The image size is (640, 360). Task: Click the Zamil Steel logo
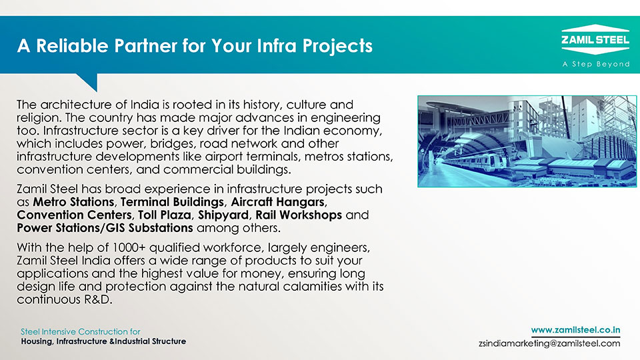[x=595, y=39]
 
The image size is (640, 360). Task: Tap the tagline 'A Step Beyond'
[x=595, y=64]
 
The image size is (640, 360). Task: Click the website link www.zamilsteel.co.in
[x=575, y=330]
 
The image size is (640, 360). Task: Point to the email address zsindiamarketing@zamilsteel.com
[x=549, y=343]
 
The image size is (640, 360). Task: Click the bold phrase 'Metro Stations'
[x=73, y=202]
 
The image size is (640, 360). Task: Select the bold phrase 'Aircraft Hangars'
[x=277, y=202]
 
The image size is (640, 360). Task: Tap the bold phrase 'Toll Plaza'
[x=165, y=215]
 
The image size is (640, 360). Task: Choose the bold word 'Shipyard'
[x=223, y=215]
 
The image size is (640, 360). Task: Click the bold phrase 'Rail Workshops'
[x=299, y=215]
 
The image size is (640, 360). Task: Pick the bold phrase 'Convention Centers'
[x=74, y=215]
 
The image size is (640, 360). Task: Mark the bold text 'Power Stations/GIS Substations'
[x=105, y=228]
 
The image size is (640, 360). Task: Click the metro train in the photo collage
[x=477, y=163]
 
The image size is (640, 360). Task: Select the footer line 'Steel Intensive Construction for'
[x=81, y=331]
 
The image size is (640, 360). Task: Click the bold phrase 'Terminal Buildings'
[x=172, y=202]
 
